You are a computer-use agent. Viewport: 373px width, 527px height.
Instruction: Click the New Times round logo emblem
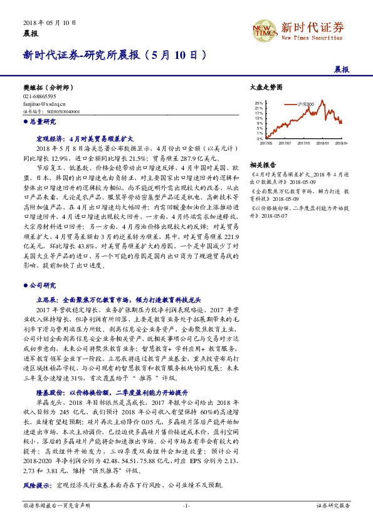(261, 29)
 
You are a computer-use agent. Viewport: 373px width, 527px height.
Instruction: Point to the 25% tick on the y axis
(260, 103)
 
